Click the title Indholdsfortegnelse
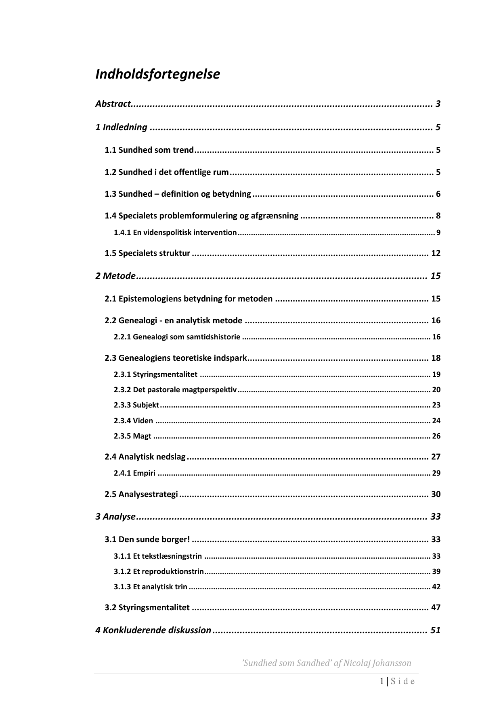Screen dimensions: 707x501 (x=157, y=75)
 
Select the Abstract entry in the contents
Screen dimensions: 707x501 (x=113, y=104)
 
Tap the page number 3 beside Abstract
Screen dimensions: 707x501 (x=438, y=104)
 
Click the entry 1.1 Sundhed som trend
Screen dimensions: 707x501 (x=149, y=150)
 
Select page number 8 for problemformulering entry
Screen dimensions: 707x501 (x=438, y=216)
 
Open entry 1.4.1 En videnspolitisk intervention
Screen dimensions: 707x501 (x=175, y=233)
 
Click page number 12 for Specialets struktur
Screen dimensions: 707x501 (x=436, y=254)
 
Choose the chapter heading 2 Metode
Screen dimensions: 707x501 (x=115, y=276)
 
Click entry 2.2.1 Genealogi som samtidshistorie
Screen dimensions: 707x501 (x=177, y=337)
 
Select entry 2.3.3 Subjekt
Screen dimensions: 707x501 (x=136, y=405)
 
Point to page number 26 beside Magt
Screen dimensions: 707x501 (x=436, y=436)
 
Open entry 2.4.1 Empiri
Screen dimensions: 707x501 (x=134, y=473)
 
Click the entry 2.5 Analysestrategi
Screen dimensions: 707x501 (x=141, y=495)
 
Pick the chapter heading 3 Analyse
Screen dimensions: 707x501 (x=115, y=517)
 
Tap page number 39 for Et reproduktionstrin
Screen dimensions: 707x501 (x=436, y=572)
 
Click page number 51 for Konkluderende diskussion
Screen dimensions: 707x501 (x=435, y=630)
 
